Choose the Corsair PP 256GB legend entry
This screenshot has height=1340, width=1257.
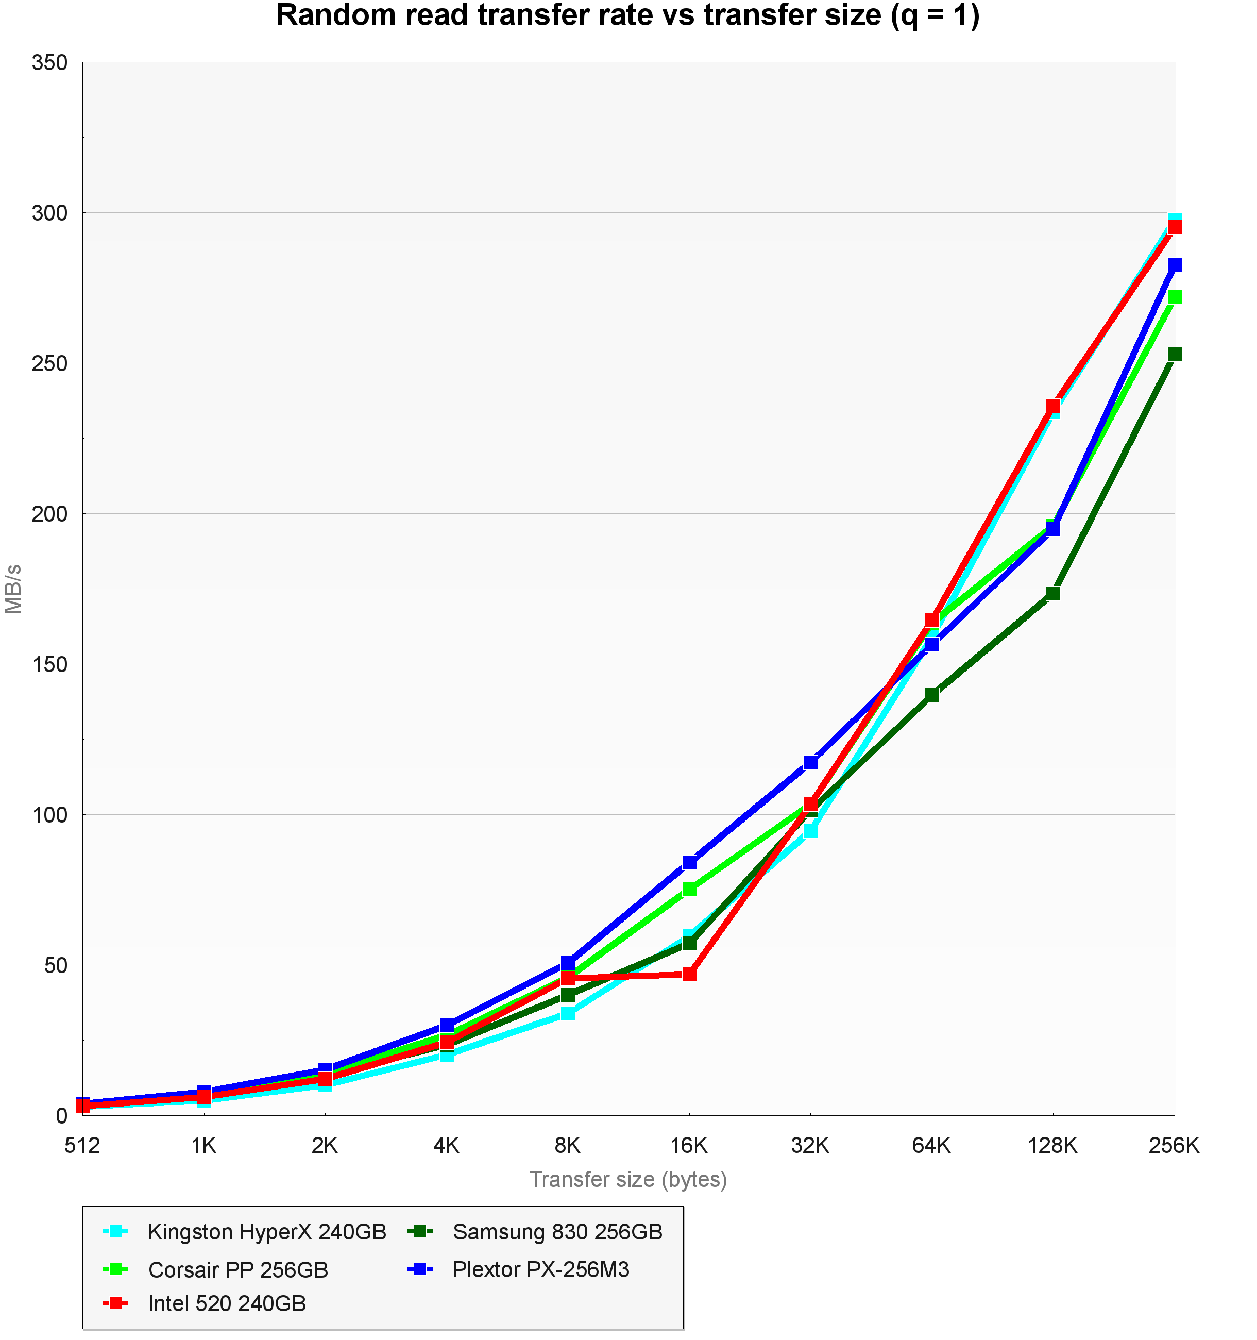(x=238, y=1269)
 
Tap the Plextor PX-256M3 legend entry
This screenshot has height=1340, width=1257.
(x=540, y=1269)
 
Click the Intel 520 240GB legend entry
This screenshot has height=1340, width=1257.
(x=227, y=1303)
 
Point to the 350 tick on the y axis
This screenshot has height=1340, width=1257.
(x=50, y=63)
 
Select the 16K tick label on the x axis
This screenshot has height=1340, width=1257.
(x=689, y=1145)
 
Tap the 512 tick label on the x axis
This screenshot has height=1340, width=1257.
(x=82, y=1145)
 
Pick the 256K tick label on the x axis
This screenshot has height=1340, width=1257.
(x=1174, y=1145)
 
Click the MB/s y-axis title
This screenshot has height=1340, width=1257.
(x=13, y=589)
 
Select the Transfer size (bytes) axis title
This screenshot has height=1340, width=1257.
(x=628, y=1180)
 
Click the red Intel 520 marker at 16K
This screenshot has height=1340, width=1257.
(x=689, y=974)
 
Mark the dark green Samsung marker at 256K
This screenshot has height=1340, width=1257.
(x=1174, y=355)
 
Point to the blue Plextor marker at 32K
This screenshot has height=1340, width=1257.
(x=810, y=762)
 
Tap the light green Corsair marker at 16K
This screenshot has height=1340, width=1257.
(x=689, y=890)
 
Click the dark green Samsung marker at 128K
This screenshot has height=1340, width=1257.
(x=1053, y=593)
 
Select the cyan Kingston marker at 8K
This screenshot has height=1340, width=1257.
(x=568, y=1013)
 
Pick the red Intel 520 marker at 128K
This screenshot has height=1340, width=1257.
(x=1053, y=406)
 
